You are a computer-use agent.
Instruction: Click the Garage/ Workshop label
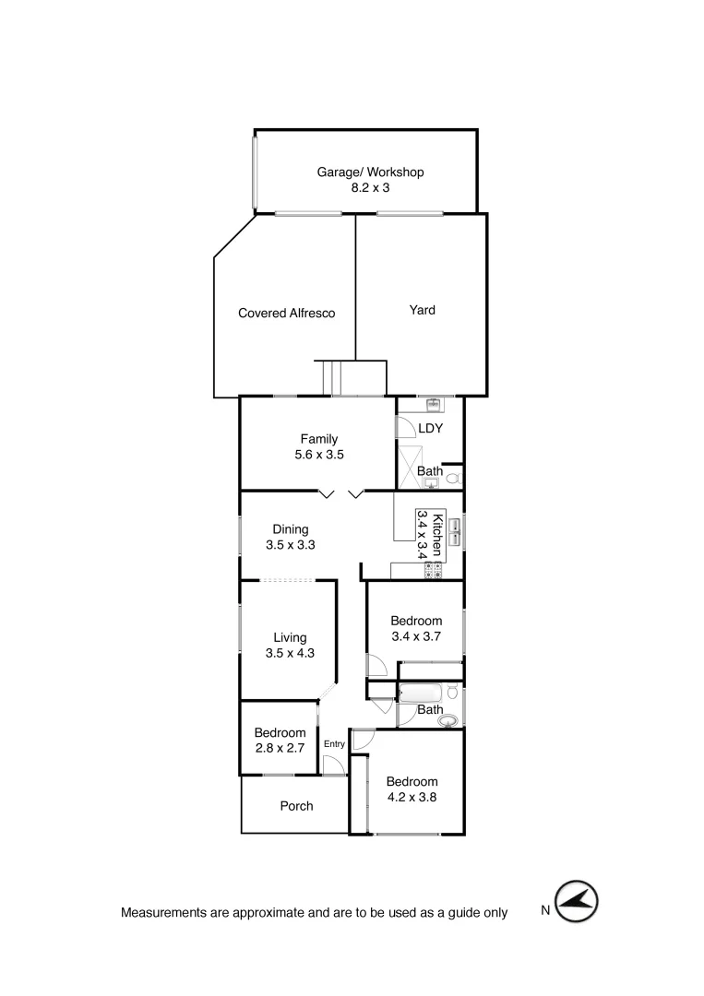pos(370,172)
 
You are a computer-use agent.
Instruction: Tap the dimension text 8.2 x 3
pos(370,187)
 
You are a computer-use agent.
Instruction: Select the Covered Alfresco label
pos(286,314)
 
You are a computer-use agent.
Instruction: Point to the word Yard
pos(422,310)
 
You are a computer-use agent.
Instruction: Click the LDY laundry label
pos(431,429)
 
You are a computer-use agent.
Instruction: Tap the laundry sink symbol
pos(434,404)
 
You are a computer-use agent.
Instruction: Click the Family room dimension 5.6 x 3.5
pos(318,455)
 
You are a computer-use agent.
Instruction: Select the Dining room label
pos(291,529)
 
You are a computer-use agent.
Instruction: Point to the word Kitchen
pos(438,535)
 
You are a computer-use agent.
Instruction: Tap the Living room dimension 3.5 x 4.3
pos(290,654)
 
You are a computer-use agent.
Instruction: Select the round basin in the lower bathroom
pos(447,721)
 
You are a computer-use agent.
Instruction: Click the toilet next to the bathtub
pos(452,692)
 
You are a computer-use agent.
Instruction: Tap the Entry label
pos(334,744)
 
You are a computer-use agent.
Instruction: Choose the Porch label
pos(296,806)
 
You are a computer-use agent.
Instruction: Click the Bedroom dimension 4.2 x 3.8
pos(412,798)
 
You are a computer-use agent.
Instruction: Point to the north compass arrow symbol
pos(577,901)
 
